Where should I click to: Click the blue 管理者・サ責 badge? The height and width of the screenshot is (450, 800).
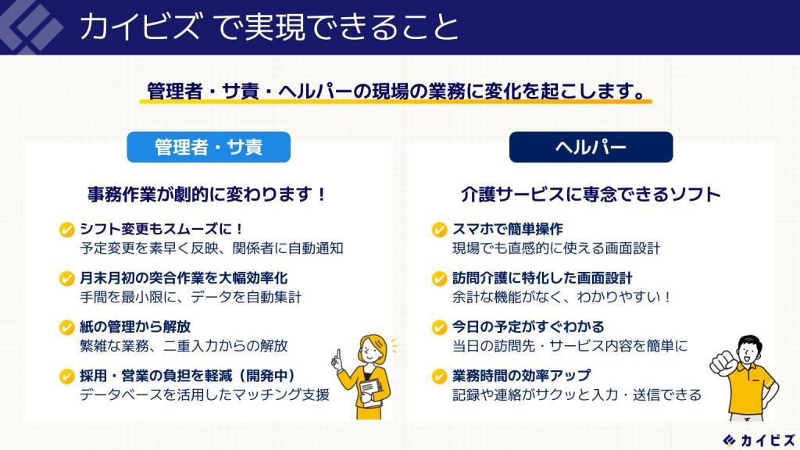[208, 147]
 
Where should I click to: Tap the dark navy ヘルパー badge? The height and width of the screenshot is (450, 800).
[591, 147]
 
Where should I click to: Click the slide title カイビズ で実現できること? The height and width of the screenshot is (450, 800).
[270, 27]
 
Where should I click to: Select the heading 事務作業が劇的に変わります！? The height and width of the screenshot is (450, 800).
[205, 195]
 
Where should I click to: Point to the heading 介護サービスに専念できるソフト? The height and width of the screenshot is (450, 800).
[590, 195]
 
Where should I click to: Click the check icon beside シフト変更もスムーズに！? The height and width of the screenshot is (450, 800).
[67, 230]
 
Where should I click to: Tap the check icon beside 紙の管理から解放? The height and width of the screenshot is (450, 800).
[67, 327]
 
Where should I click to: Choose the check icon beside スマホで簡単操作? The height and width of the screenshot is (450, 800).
[440, 230]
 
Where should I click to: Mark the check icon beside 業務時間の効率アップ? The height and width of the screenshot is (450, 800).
[440, 376]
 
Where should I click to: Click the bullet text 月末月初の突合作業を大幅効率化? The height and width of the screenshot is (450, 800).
[184, 278]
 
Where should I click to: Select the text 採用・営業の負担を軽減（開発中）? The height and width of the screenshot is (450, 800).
[187, 376]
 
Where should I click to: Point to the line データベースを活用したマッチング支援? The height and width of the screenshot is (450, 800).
[205, 395]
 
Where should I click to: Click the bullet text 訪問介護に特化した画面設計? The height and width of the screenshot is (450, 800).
[542, 278]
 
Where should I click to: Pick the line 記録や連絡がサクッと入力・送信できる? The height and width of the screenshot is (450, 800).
[577, 395]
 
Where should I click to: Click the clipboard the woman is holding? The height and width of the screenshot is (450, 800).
[370, 390]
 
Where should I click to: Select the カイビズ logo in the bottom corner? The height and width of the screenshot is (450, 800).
[759, 439]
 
